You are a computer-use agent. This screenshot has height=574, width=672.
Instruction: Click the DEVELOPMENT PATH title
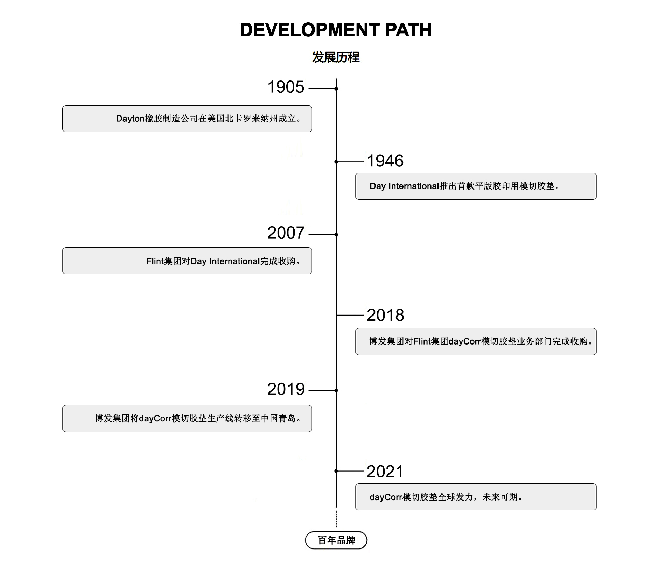[x=336, y=30]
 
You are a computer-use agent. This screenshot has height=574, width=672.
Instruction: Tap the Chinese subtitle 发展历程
[x=336, y=57]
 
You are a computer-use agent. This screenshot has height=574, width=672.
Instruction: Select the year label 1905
[x=286, y=87]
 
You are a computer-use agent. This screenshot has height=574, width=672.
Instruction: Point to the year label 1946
[x=385, y=161]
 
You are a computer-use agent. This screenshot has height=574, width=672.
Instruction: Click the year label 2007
[x=286, y=233]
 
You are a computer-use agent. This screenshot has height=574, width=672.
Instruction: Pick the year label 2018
[x=385, y=315]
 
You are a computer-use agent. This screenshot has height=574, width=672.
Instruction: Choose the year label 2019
[x=286, y=389]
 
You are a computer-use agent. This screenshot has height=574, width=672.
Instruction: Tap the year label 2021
[x=385, y=472]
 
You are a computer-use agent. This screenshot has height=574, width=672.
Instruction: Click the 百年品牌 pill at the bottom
[x=336, y=540]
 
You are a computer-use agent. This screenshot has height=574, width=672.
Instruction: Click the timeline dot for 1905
[x=336, y=89]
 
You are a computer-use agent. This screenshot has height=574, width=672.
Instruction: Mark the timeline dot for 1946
[x=336, y=162]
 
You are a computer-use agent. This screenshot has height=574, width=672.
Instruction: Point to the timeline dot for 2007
[x=336, y=234]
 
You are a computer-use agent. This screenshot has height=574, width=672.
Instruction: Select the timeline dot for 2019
[x=336, y=390]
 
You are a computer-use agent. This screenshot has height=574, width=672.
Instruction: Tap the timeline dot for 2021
[x=336, y=471]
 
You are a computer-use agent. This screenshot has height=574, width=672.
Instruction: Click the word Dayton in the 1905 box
[x=130, y=119]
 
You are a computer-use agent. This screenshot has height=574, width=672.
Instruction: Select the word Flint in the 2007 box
[x=155, y=261]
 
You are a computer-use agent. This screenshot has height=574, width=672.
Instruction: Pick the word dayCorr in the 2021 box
[x=386, y=497]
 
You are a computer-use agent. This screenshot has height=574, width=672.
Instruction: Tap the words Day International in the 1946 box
[x=404, y=186]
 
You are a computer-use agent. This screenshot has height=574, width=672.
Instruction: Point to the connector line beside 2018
[x=350, y=315]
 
